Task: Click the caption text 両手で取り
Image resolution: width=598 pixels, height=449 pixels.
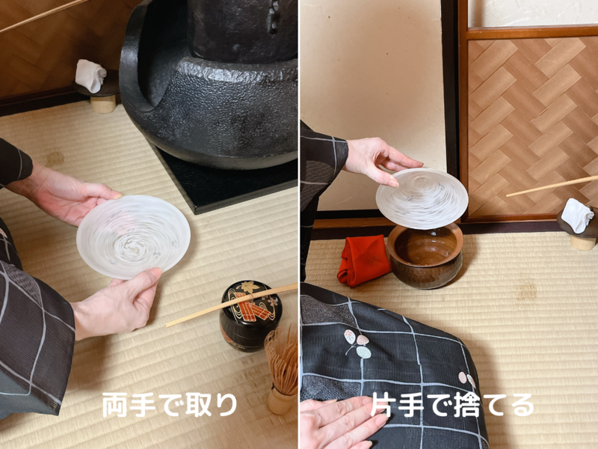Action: [170, 405]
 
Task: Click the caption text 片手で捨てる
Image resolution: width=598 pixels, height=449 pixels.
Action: [452, 405]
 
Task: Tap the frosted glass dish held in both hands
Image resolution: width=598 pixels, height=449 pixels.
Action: [133, 236]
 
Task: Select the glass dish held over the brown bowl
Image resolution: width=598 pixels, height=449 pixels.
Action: [422, 198]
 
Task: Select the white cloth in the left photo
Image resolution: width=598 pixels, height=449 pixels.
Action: [90, 76]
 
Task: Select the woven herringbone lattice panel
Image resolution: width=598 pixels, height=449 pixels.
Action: [531, 120]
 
